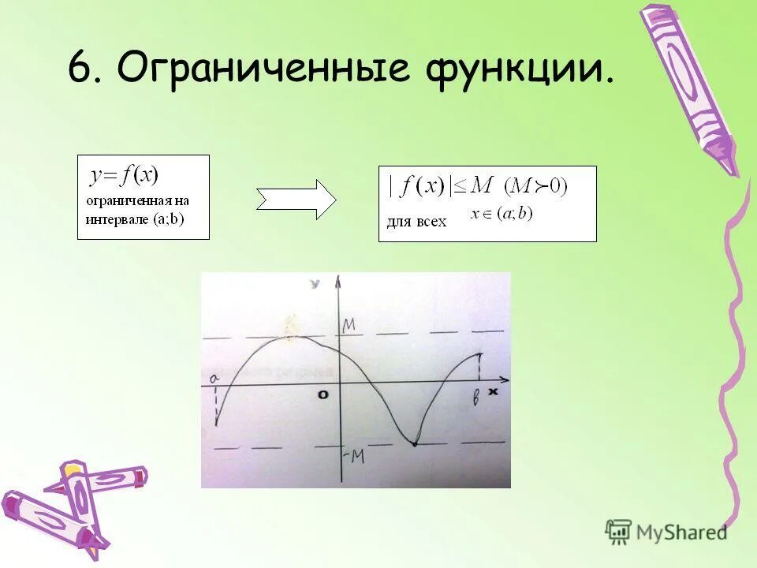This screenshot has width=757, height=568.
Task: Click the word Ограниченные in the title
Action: click(263, 69)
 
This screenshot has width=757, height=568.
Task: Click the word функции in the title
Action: click(520, 69)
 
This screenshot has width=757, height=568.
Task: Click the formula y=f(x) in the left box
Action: click(125, 174)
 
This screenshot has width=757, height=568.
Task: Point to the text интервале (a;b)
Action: click(135, 219)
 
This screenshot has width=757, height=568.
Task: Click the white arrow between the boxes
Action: click(296, 200)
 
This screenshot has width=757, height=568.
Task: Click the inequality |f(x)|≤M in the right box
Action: click(440, 186)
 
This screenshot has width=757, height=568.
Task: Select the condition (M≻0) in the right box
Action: click(535, 186)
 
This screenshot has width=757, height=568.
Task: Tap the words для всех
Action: click(416, 222)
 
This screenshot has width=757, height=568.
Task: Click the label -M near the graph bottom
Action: click(353, 456)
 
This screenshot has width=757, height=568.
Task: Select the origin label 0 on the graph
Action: click(323, 394)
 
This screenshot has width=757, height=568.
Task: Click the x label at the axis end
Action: click(494, 390)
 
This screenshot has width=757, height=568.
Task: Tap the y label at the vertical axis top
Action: click(315, 282)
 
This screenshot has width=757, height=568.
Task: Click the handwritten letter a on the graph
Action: click(213, 379)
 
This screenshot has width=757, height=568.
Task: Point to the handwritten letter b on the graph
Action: click(476, 399)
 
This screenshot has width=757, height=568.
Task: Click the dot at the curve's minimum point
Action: click(414, 444)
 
